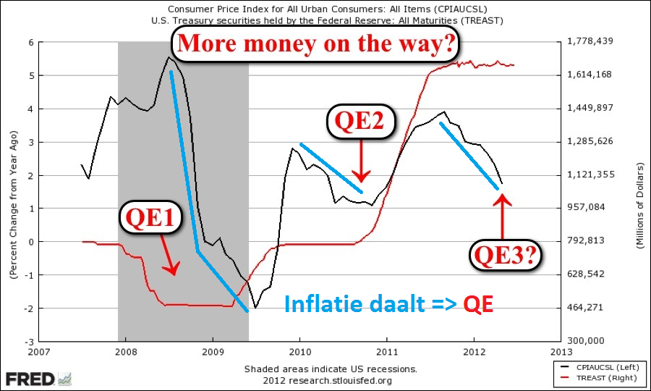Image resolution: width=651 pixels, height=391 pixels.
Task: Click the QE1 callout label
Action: [x=151, y=216]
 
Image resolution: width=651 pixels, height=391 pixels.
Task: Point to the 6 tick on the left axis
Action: [x=31, y=42]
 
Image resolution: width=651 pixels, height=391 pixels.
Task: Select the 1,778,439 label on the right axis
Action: [x=592, y=42]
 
